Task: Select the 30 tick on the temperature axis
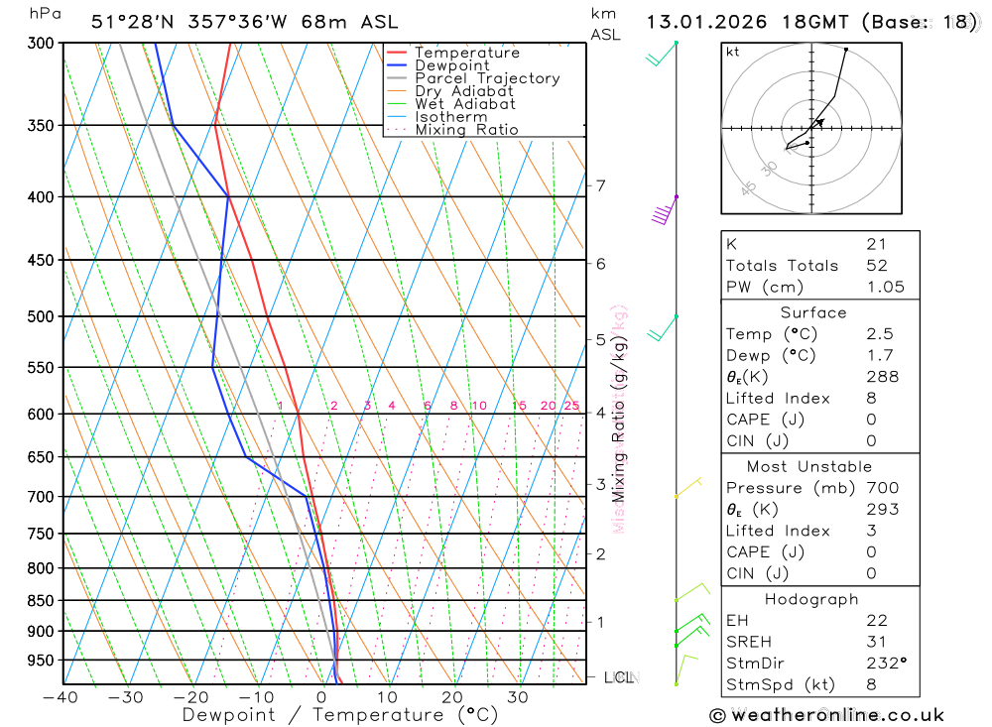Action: (x=518, y=697)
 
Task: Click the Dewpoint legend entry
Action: (x=451, y=65)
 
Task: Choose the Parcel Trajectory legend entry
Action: (x=486, y=78)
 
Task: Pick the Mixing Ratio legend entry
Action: (x=466, y=129)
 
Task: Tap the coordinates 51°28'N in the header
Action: (x=132, y=22)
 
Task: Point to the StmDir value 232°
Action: (x=886, y=663)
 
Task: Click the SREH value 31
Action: (x=876, y=642)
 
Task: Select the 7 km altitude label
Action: (x=601, y=185)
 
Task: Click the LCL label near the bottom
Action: (x=619, y=678)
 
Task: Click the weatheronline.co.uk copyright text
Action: (x=826, y=715)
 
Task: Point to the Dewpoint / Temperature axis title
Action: (x=340, y=715)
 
